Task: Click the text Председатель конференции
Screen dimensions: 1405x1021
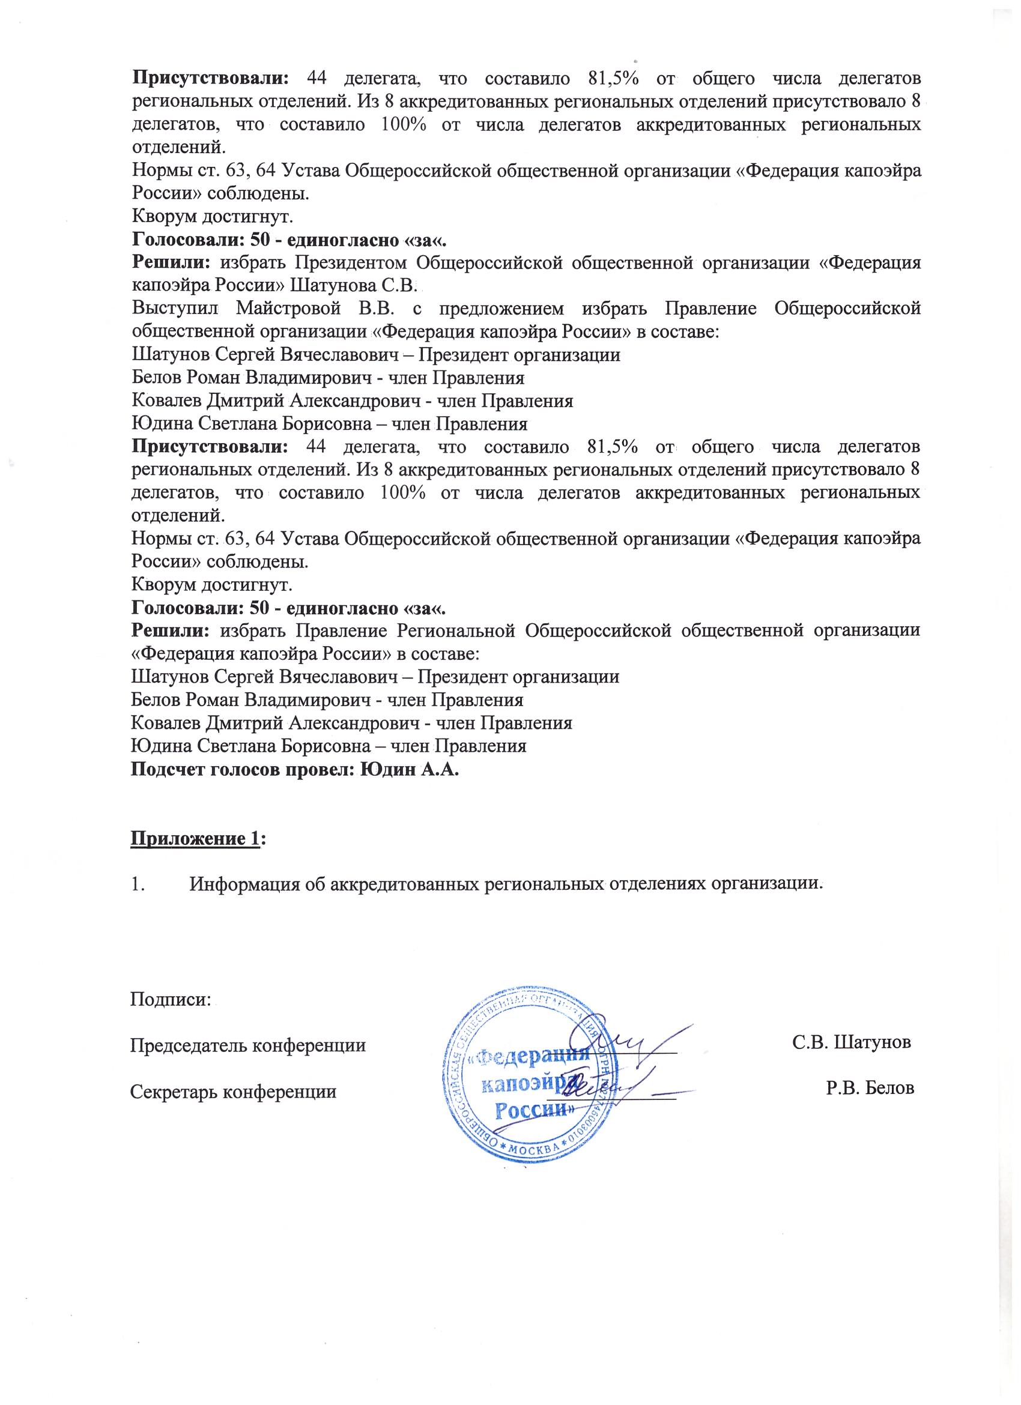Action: click(248, 1046)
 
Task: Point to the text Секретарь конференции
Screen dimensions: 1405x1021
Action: click(233, 1091)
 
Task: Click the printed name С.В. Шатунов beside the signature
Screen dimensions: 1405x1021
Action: click(852, 1042)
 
